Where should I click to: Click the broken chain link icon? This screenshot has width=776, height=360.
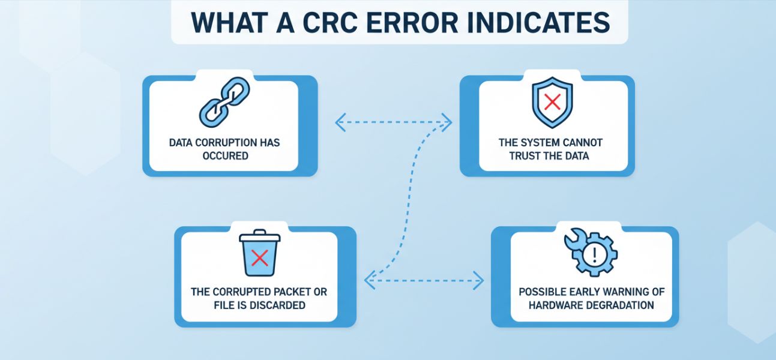(x=224, y=102)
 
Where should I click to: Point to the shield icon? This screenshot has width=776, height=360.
(x=552, y=102)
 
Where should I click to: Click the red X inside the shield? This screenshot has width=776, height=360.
(x=552, y=103)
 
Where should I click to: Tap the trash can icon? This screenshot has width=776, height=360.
(x=260, y=253)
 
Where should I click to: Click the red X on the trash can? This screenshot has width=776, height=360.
(x=260, y=258)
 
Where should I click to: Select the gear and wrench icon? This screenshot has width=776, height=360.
(x=591, y=252)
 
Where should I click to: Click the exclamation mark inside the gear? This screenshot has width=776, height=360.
(x=595, y=254)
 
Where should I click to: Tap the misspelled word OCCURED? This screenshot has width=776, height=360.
(x=225, y=156)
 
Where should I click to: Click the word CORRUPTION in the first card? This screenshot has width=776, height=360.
(x=226, y=143)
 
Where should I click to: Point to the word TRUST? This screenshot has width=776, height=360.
(x=525, y=156)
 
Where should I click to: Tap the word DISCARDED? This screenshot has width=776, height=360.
(x=276, y=305)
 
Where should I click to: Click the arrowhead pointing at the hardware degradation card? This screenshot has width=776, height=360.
(x=479, y=281)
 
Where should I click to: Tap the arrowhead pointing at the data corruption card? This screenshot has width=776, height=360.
(x=340, y=122)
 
